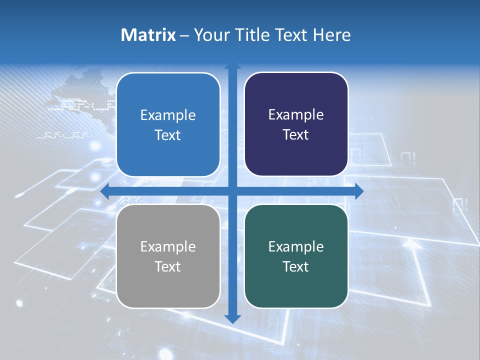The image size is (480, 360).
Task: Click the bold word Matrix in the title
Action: click(148, 35)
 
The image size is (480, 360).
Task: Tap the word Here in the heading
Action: click(332, 35)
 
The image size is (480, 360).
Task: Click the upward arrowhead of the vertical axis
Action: click(232, 67)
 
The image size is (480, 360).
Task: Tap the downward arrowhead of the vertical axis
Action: click(232, 318)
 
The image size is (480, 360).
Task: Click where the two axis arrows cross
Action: click(232, 191)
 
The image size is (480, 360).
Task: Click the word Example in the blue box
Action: click(168, 115)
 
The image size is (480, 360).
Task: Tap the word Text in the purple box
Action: click(296, 135)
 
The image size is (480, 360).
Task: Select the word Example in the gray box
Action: click(168, 247)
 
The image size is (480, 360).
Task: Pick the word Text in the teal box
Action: click(296, 266)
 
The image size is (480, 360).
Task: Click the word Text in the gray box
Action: click(168, 266)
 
